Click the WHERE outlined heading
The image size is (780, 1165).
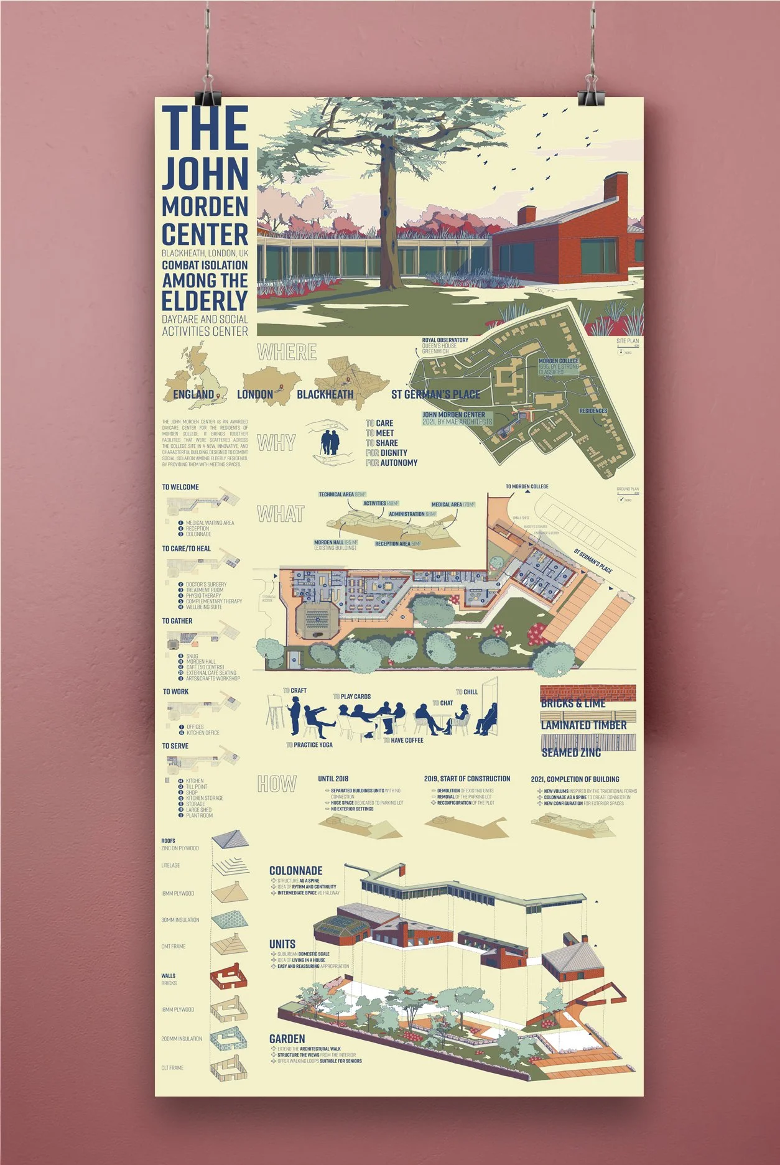click(287, 353)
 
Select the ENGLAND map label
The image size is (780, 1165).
click(193, 394)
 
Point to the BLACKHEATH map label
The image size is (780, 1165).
click(325, 394)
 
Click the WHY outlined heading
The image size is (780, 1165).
click(276, 443)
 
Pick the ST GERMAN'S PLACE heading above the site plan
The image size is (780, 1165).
click(435, 394)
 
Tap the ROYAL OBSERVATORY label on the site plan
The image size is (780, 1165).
click(445, 340)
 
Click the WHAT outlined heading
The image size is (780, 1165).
click(281, 514)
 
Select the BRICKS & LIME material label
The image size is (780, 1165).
click(573, 703)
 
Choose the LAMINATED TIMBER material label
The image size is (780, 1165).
click(583, 725)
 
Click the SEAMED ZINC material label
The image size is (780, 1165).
click(571, 753)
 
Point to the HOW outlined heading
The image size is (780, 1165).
click(277, 784)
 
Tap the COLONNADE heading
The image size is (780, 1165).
click(295, 871)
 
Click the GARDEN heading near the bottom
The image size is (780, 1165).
click(287, 1039)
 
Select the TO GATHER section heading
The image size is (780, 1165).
click(177, 621)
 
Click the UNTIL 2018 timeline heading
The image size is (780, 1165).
click(333, 779)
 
